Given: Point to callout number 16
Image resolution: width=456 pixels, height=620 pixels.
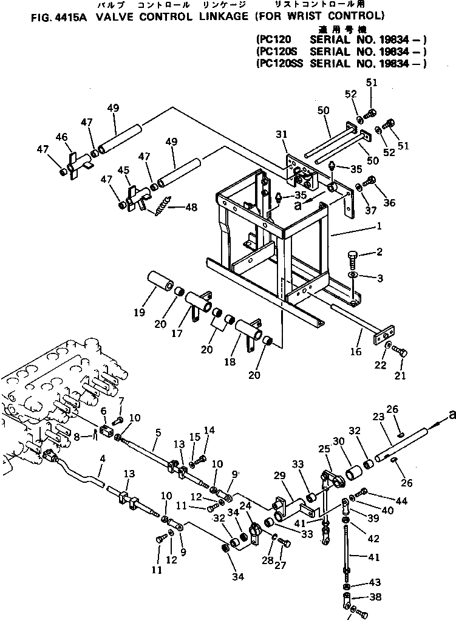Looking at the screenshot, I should (356, 352).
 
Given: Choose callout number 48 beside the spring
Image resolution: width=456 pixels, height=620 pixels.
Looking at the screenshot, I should (191, 207).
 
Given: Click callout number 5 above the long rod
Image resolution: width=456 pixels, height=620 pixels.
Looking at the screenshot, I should (158, 434).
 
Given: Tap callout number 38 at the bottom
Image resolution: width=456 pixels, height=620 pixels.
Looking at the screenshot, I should (376, 596).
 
